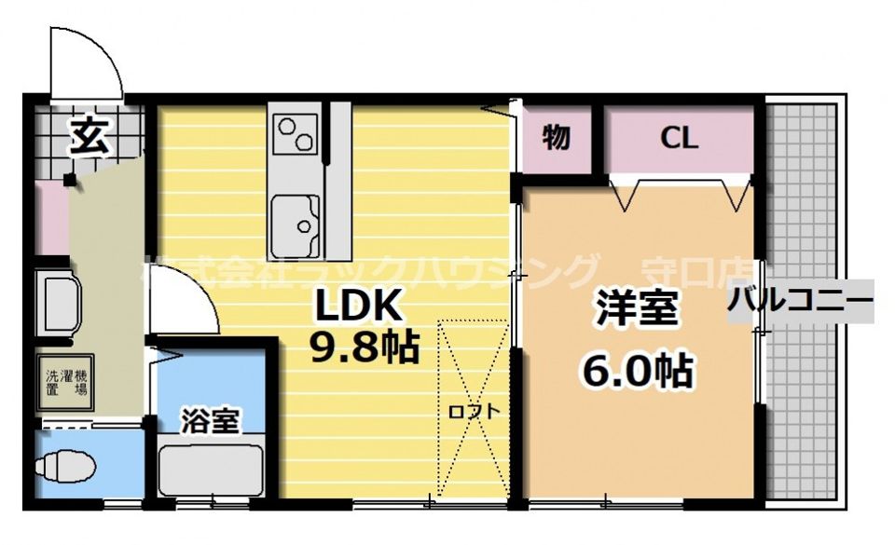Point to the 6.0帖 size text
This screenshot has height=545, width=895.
pyautogui.click(x=637, y=371)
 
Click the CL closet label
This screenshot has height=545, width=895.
pyautogui.click(x=679, y=139)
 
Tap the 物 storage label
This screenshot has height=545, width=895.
pyautogui.click(x=557, y=139)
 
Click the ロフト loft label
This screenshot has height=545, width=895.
pyautogui.click(x=475, y=411)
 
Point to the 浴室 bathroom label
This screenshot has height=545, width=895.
pyautogui.click(x=209, y=421)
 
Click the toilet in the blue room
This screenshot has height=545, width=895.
pyautogui.click(x=65, y=464)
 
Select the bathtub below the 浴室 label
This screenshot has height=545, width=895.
pyautogui.click(x=210, y=470)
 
